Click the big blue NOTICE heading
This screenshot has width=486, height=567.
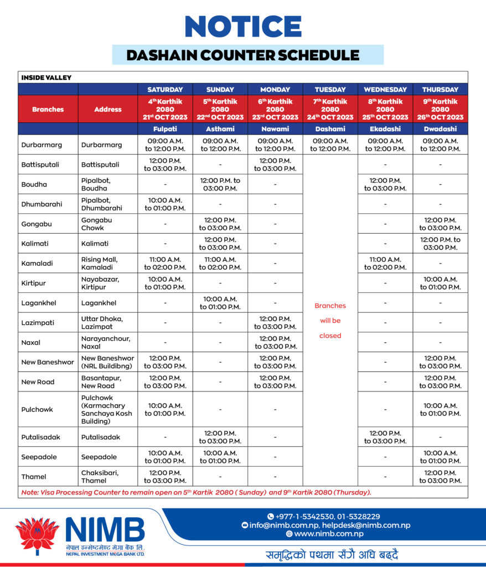click(243, 26)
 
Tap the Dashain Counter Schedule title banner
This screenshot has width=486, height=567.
click(243, 55)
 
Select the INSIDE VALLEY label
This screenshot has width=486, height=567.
click(46, 78)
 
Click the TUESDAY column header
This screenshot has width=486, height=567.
click(330, 89)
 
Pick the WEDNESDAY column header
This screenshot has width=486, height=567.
click(385, 89)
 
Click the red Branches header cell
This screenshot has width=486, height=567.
click(48, 109)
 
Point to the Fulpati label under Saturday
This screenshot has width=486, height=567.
click(165, 128)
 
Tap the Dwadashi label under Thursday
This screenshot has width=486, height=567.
click(440, 128)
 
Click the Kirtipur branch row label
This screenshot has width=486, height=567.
click(34, 283)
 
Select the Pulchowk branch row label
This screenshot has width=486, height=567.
click(37, 410)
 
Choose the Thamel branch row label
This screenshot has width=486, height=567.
click(34, 477)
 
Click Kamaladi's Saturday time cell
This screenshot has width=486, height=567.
click(165, 263)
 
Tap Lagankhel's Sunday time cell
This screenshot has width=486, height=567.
click(220, 303)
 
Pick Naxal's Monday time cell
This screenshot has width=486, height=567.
click(275, 343)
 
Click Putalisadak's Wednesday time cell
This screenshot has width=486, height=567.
click(385, 437)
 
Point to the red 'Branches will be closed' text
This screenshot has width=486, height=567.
click(330, 321)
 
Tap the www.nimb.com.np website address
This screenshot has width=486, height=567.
click(329, 534)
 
